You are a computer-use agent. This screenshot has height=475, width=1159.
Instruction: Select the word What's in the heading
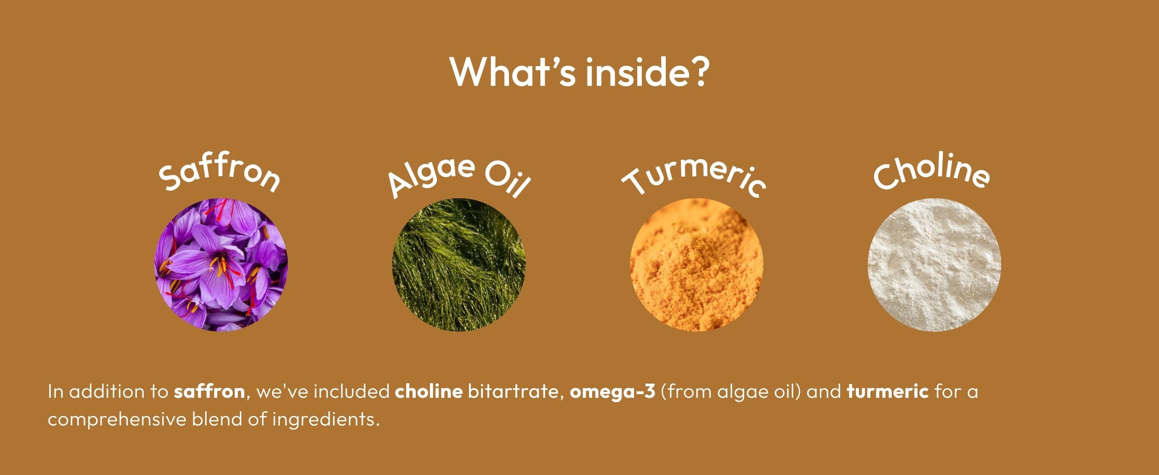tap(513, 72)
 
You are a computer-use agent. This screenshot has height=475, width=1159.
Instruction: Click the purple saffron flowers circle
tap(221, 265)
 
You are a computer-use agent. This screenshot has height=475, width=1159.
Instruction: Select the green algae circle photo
tap(458, 265)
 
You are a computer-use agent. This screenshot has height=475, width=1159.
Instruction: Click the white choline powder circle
tap(934, 265)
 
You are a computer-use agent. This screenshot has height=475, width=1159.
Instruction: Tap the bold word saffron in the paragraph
tap(209, 391)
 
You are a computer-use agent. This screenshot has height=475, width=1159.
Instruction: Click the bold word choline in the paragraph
tap(428, 391)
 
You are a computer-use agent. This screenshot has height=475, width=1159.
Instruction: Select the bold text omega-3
tap(612, 392)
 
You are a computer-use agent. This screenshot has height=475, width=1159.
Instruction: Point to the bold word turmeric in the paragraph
tap(887, 391)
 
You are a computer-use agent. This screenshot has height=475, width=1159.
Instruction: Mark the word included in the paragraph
tap(351, 391)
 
